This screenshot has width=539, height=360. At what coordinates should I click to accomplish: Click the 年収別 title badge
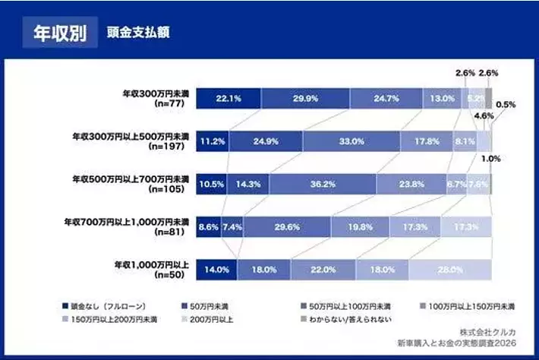[60, 33]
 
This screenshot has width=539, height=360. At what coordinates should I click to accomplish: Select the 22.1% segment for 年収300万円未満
[228, 97]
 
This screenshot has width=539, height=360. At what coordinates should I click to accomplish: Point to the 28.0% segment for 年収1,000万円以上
[449, 269]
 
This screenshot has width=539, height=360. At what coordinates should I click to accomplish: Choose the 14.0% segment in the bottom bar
[216, 269]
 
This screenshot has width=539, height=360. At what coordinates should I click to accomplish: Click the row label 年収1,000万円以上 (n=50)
[151, 269]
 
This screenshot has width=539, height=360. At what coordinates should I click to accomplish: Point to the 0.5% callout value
[506, 104]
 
